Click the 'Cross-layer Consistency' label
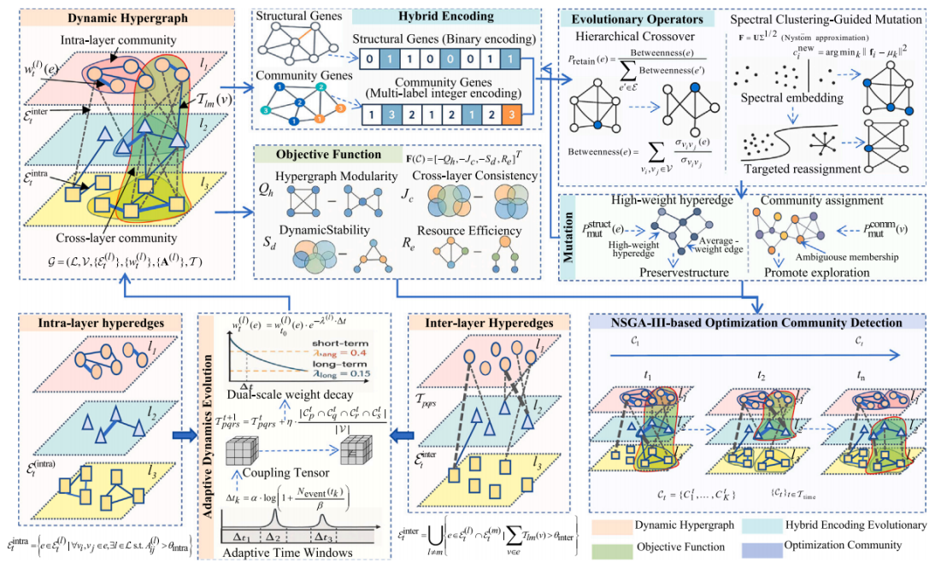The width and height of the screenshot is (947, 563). coord(484,176)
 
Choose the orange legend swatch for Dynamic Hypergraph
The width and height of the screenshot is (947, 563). coord(607,525)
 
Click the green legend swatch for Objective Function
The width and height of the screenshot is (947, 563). coord(607,545)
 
